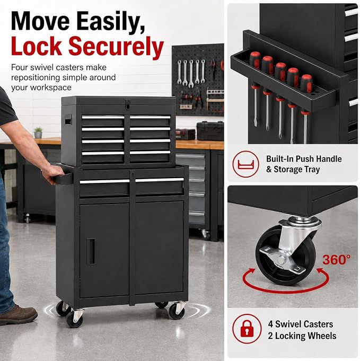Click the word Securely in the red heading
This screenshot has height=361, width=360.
click(x=116, y=47)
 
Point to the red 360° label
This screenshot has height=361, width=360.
click(x=336, y=260)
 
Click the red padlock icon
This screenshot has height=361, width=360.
click(x=247, y=329)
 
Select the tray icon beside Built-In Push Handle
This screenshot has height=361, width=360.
click(x=245, y=164)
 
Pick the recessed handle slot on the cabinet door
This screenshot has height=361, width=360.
click(x=91, y=251)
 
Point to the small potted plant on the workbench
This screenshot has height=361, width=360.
click(x=38, y=133)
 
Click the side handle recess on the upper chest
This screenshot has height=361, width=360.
click(x=68, y=120)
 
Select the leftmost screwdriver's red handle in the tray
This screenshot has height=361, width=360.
click(x=255, y=59)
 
